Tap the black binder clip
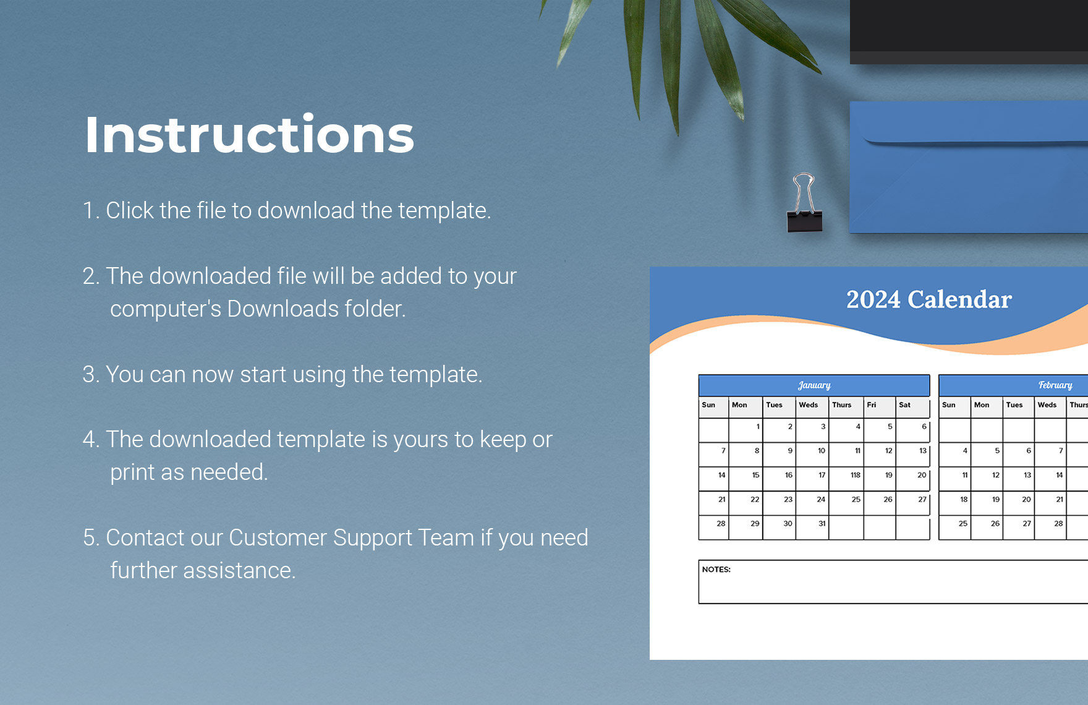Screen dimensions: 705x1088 (804, 204)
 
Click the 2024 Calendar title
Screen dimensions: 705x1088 (929, 299)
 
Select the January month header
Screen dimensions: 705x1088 (814, 385)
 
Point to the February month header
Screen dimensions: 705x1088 (1055, 385)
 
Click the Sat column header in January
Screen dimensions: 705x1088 (904, 405)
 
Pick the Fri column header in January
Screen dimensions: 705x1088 (872, 405)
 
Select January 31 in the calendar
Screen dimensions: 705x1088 (822, 523)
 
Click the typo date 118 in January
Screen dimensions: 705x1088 (855, 475)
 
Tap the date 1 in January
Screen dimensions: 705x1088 (758, 427)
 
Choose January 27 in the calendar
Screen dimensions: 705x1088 (922, 499)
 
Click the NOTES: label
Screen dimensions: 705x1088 (716, 570)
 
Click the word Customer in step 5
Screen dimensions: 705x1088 (278, 537)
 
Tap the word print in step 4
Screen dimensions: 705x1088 (132, 472)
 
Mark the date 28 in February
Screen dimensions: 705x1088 (1058, 523)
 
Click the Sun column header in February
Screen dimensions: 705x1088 (948, 405)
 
